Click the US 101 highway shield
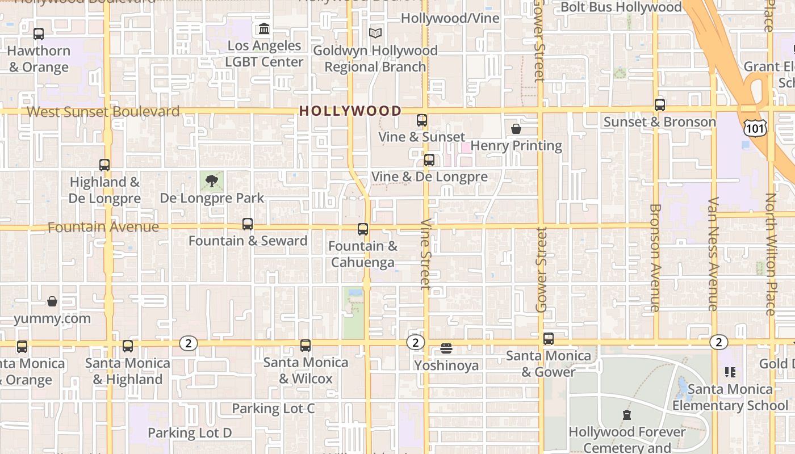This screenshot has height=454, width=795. (755, 128)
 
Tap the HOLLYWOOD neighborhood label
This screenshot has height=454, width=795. (350, 111)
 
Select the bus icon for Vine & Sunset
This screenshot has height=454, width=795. (421, 120)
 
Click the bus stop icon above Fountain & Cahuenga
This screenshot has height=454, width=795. (363, 229)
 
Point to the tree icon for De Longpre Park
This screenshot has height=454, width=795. (212, 182)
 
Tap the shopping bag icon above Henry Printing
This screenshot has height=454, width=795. (516, 129)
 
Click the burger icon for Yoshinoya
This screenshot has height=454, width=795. (446, 348)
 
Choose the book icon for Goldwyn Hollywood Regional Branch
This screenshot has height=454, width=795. (375, 33)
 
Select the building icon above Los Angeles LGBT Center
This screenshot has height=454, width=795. (264, 28)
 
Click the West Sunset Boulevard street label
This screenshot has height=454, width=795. (103, 111)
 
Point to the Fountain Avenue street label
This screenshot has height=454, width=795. (103, 227)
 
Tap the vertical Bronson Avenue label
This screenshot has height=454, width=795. (655, 258)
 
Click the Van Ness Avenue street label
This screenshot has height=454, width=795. (713, 254)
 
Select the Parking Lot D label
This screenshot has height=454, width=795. (190, 433)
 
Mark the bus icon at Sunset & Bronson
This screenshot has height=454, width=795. (659, 105)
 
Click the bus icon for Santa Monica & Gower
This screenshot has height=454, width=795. (548, 339)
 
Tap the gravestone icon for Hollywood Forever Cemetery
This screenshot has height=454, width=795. (626, 415)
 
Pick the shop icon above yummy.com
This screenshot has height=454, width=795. (52, 301)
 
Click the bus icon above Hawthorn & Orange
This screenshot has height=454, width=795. (38, 34)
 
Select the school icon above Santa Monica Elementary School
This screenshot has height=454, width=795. (730, 372)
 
